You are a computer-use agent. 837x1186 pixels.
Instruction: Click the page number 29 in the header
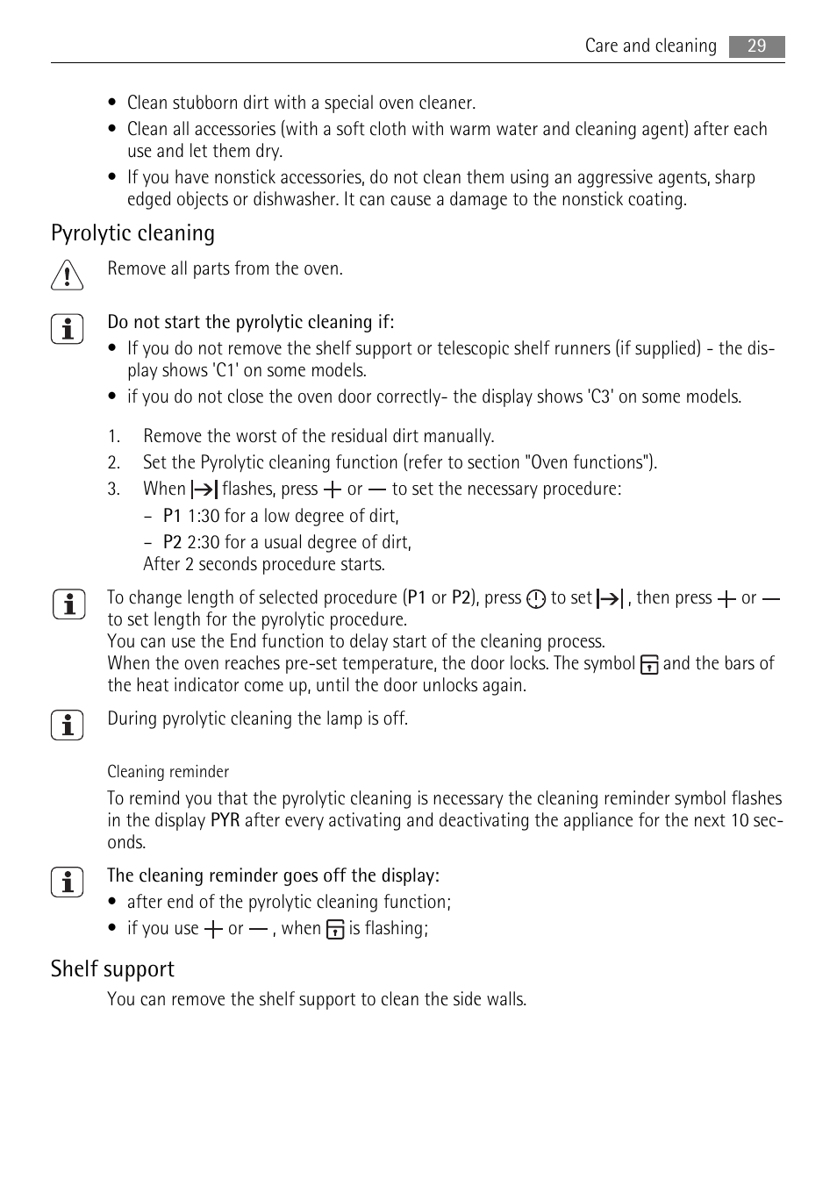pyautogui.click(x=756, y=46)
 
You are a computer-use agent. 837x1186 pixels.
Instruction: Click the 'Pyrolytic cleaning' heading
pyautogui.click(x=132, y=233)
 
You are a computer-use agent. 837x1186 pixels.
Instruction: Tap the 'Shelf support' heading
pyautogui.click(x=112, y=969)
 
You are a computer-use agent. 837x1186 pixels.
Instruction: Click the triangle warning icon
pyautogui.click(x=67, y=275)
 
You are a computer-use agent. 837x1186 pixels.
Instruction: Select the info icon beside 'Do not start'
pyautogui.click(x=67, y=329)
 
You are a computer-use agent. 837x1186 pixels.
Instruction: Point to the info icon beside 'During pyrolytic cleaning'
pyautogui.click(x=67, y=725)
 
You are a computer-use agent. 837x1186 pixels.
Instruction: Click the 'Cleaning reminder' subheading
pyautogui.click(x=168, y=772)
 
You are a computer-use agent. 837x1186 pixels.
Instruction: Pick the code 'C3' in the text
pyautogui.click(x=601, y=397)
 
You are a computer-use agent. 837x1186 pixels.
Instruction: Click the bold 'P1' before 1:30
pyautogui.click(x=172, y=517)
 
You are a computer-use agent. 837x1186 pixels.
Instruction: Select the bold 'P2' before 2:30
pyautogui.click(x=172, y=543)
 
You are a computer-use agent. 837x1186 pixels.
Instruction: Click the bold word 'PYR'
pyautogui.click(x=225, y=821)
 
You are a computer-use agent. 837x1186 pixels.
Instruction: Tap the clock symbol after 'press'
pyautogui.click(x=536, y=599)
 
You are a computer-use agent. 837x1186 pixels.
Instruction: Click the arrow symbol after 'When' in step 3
pyautogui.click(x=204, y=490)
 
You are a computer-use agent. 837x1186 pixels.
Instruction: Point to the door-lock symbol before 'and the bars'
pyautogui.click(x=649, y=665)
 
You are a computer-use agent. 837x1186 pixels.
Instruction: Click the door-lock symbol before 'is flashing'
pyautogui.click(x=335, y=930)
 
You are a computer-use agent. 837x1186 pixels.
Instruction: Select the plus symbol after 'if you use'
pyautogui.click(x=213, y=930)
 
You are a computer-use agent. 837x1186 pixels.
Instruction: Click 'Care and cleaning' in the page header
pyautogui.click(x=650, y=46)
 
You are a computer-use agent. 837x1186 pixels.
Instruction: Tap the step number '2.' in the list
pyautogui.click(x=114, y=463)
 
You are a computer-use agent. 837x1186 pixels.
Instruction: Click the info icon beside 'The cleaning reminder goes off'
pyautogui.click(x=67, y=882)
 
